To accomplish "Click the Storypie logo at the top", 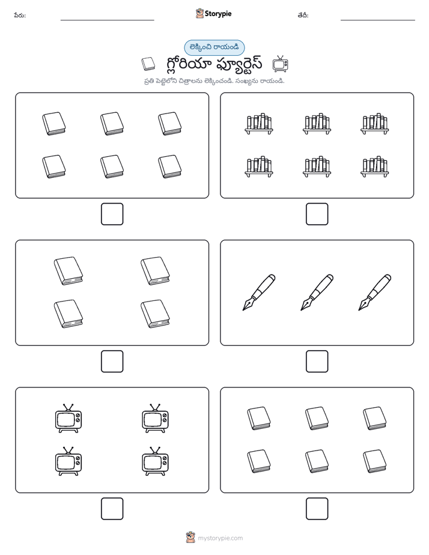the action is pyautogui.click(x=213, y=13).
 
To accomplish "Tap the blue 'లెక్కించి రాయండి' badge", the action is pyautogui.click(x=214, y=47).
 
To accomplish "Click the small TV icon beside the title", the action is pyautogui.click(x=281, y=64).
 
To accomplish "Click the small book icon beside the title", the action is pyautogui.click(x=148, y=64).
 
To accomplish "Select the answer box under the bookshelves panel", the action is pyautogui.click(x=317, y=214).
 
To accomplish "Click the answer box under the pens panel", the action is pyautogui.click(x=317, y=361).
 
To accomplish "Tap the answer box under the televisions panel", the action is pyautogui.click(x=112, y=508).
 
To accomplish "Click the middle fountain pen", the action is pyautogui.click(x=317, y=293).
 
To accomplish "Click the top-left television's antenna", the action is pyautogui.click(x=68, y=407).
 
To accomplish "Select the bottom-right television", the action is pyautogui.click(x=155, y=461).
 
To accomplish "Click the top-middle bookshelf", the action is pyautogui.click(x=317, y=124).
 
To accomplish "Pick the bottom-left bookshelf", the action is pyautogui.click(x=259, y=166).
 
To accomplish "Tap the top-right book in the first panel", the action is pyautogui.click(x=169, y=124).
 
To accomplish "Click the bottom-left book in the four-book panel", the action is pyautogui.click(x=68, y=314).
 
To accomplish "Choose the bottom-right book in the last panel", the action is pyautogui.click(x=374, y=461).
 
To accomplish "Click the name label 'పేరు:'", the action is pyautogui.click(x=20, y=16).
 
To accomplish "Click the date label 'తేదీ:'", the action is pyautogui.click(x=303, y=16).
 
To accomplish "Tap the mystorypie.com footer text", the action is pyautogui.click(x=220, y=538).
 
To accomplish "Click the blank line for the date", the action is pyautogui.click(x=378, y=20).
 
